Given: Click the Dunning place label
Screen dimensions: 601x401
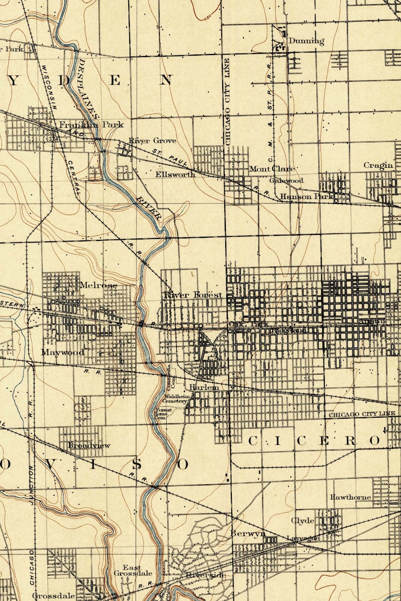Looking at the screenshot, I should click(306, 41).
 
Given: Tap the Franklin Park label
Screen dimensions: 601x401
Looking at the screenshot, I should click(91, 125).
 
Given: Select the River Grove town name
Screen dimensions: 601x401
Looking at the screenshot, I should click(152, 141).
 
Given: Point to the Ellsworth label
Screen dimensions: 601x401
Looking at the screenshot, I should click(175, 175).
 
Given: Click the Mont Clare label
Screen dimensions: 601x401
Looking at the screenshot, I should click(272, 169).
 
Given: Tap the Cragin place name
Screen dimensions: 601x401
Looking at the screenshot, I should click(378, 165).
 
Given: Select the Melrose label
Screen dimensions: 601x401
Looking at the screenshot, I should click(98, 286).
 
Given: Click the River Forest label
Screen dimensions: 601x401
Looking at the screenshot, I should click(193, 295).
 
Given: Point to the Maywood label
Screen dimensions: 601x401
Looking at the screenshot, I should click(63, 352).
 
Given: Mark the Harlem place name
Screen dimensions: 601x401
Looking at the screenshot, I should click(204, 387).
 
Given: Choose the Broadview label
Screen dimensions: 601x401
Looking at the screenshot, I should click(89, 446).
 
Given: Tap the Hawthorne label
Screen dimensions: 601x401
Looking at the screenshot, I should click(350, 497).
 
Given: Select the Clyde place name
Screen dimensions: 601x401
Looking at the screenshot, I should click(303, 521).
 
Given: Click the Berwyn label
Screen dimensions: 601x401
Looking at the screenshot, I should click(248, 534).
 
